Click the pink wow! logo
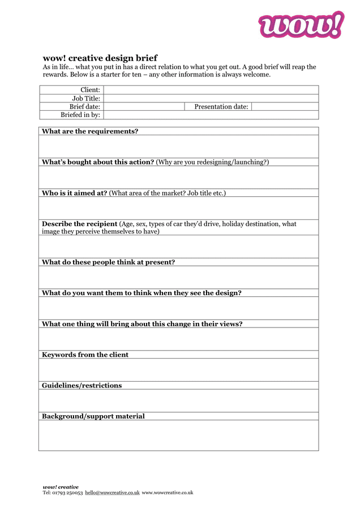pos(301,25)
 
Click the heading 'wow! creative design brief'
pos(100,58)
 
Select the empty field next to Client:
pos(211,90)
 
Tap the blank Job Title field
pos(211,98)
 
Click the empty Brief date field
pos(144,106)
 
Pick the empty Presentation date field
pos(284,106)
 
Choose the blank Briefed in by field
pos(211,115)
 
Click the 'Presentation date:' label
pos(221,106)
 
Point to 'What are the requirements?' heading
pos(90,131)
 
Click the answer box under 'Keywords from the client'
pos(178,370)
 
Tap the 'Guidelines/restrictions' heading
pos(82,385)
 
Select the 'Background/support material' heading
pos(93,416)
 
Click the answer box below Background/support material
pos(178,435)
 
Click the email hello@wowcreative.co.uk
pos(112,493)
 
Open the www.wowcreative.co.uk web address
pos(168,493)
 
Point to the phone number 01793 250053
pos(67,493)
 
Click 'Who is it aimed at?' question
pos(74,193)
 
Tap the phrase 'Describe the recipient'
pos(79,224)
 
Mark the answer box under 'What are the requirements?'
pos(178,146)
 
